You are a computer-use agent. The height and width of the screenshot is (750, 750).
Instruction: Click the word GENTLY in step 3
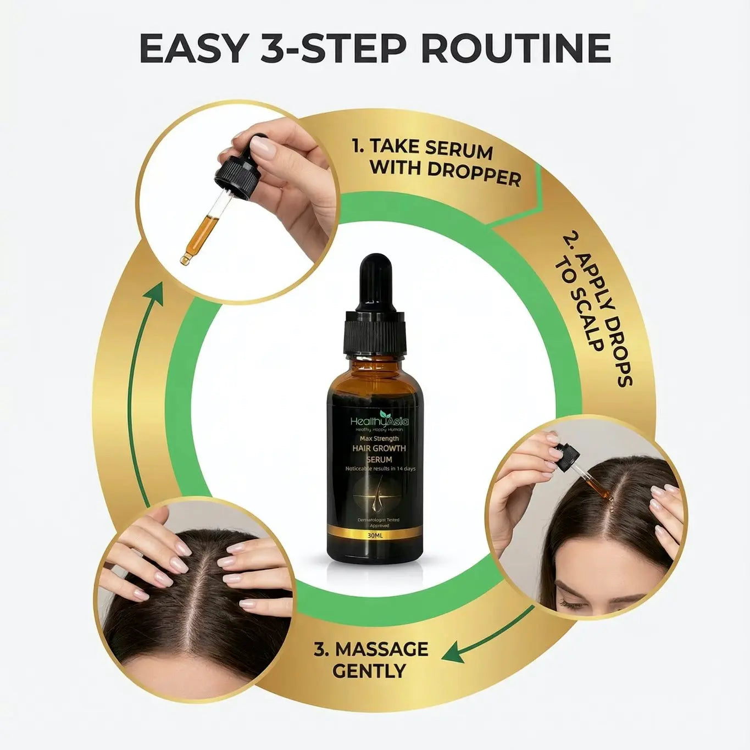point(369,671)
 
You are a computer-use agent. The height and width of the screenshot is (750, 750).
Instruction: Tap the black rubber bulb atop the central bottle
point(375,283)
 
